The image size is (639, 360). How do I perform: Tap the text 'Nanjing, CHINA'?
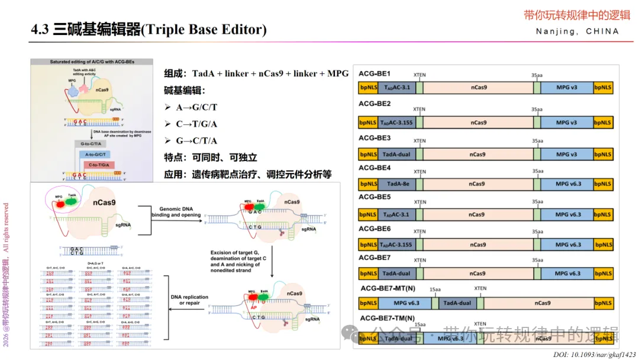click(577, 31)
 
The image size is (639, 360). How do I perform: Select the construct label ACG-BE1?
click(375, 73)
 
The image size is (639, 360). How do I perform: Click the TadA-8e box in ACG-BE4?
click(396, 184)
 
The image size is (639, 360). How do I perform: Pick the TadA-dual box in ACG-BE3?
click(396, 154)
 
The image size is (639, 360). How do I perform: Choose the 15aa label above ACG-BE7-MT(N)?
click(435, 290)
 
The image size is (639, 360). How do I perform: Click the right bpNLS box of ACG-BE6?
click(603, 244)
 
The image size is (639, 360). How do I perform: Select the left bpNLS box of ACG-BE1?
click(367, 88)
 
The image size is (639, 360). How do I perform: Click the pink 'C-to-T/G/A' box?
click(99, 164)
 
